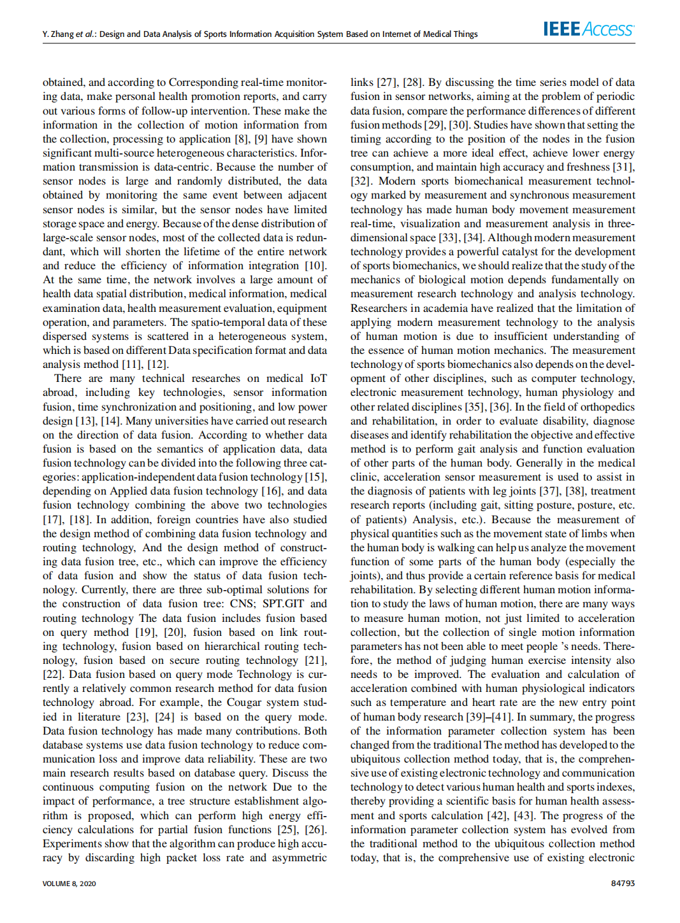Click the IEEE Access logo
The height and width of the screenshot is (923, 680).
click(588, 29)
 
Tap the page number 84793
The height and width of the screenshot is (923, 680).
click(623, 884)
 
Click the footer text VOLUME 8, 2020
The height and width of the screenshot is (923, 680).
click(69, 884)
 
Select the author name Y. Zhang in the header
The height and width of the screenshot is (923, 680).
click(58, 34)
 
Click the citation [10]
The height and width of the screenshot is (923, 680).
click(315, 265)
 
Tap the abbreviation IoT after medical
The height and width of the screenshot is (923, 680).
click(318, 378)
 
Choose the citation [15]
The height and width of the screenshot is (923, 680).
click(315, 477)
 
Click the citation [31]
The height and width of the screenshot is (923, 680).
click(623, 167)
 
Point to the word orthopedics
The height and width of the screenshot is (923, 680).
click(605, 407)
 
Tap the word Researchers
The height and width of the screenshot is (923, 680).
click(379, 308)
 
